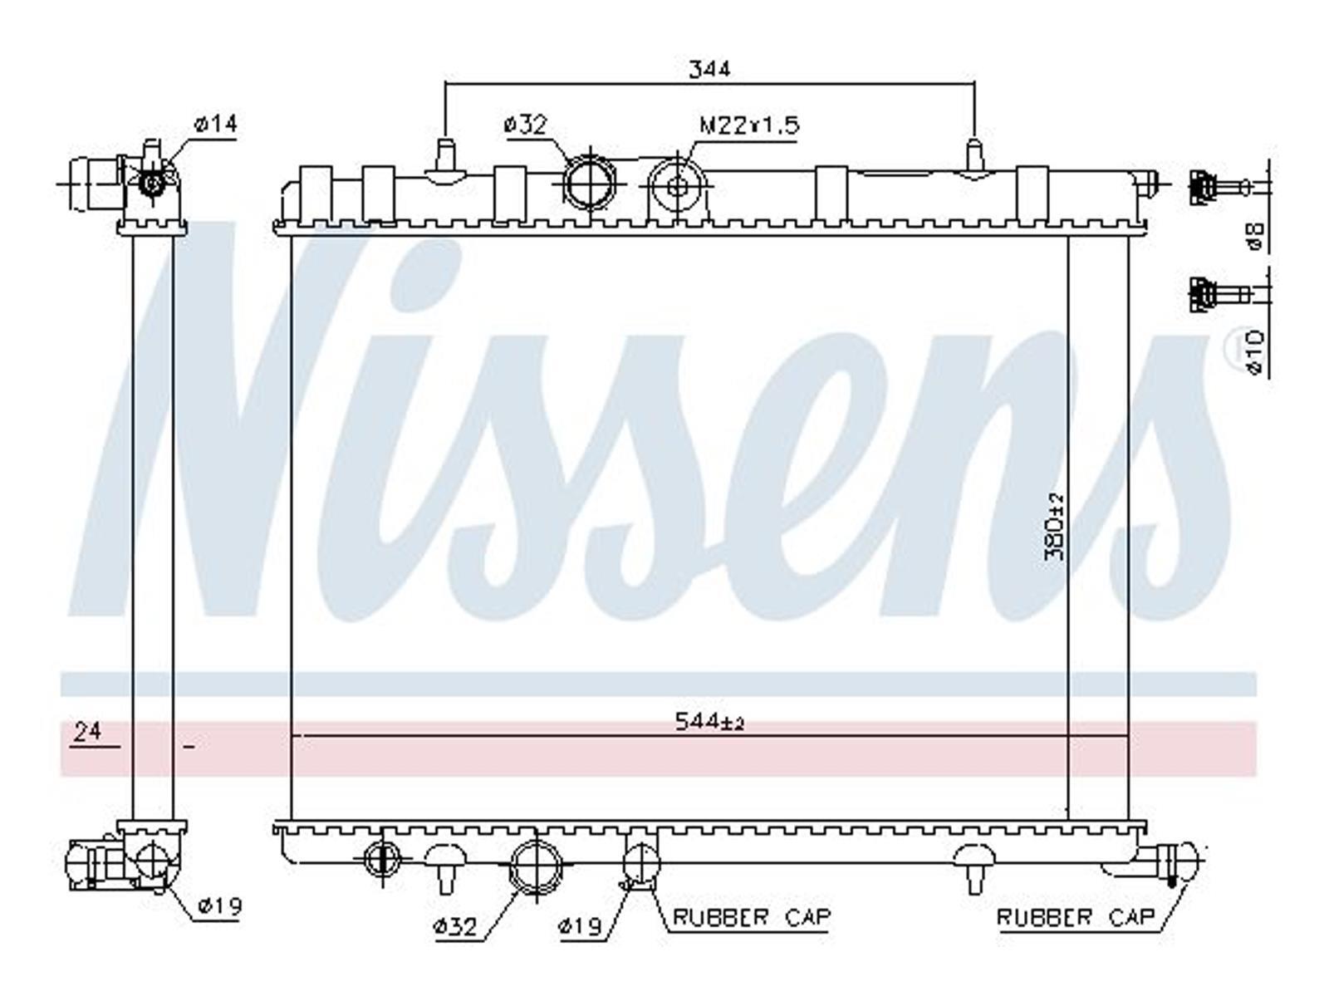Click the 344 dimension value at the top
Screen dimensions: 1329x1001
coord(709,68)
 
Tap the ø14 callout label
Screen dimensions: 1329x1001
coord(215,124)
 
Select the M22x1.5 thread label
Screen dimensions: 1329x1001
coord(749,125)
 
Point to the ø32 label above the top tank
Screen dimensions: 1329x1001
coord(525,125)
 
